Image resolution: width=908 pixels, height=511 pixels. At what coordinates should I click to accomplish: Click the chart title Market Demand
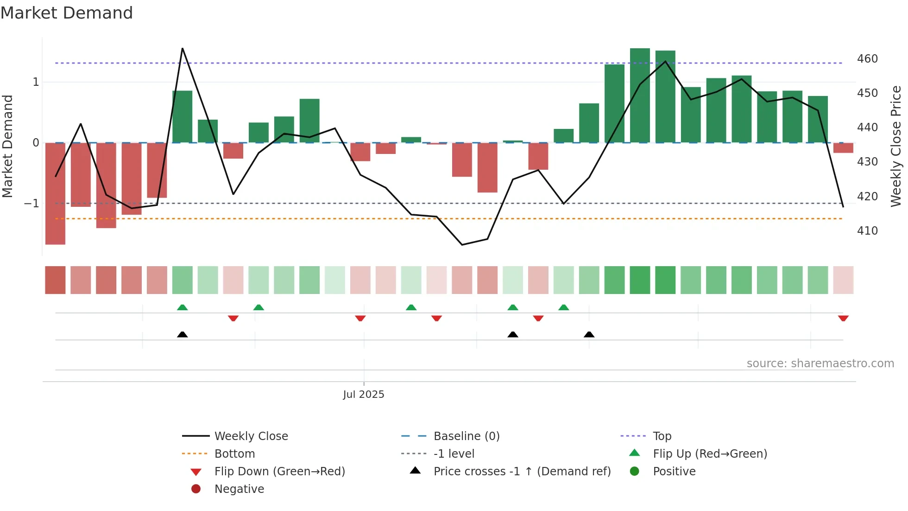(x=67, y=13)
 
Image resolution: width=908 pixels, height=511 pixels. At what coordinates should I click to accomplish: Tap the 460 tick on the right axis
(x=867, y=59)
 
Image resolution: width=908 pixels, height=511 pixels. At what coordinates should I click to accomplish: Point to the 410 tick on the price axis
(x=867, y=230)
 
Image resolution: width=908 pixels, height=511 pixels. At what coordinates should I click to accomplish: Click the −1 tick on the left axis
(x=32, y=204)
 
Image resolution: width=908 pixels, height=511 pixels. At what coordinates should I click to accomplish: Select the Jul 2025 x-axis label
(x=364, y=395)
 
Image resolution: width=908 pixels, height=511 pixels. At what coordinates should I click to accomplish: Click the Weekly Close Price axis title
(x=896, y=146)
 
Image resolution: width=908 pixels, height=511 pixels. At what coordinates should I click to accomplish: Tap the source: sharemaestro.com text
(x=820, y=364)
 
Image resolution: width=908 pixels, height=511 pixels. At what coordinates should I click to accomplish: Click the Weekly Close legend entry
(x=251, y=436)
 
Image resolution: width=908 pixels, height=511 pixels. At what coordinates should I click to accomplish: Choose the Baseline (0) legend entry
(x=466, y=436)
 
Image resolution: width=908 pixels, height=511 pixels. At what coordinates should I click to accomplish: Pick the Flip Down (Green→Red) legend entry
(x=279, y=472)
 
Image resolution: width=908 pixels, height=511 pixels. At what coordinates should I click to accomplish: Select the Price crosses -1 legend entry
(x=522, y=472)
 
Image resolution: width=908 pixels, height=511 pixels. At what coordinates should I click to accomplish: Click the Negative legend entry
(x=239, y=489)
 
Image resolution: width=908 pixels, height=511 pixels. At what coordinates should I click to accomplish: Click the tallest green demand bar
(x=640, y=95)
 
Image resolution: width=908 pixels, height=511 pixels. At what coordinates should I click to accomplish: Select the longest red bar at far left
(x=55, y=193)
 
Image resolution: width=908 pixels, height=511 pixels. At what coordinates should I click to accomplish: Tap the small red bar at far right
(x=843, y=148)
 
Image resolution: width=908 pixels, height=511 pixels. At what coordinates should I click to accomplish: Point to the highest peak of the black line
(x=183, y=49)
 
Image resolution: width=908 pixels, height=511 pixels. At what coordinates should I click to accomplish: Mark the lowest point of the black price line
(x=462, y=245)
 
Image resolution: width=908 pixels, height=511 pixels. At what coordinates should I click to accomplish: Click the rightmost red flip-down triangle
(x=843, y=318)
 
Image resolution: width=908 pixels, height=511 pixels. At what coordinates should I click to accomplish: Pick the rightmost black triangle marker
(x=589, y=335)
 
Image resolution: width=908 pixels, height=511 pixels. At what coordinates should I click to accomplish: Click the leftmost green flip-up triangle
(x=183, y=307)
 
